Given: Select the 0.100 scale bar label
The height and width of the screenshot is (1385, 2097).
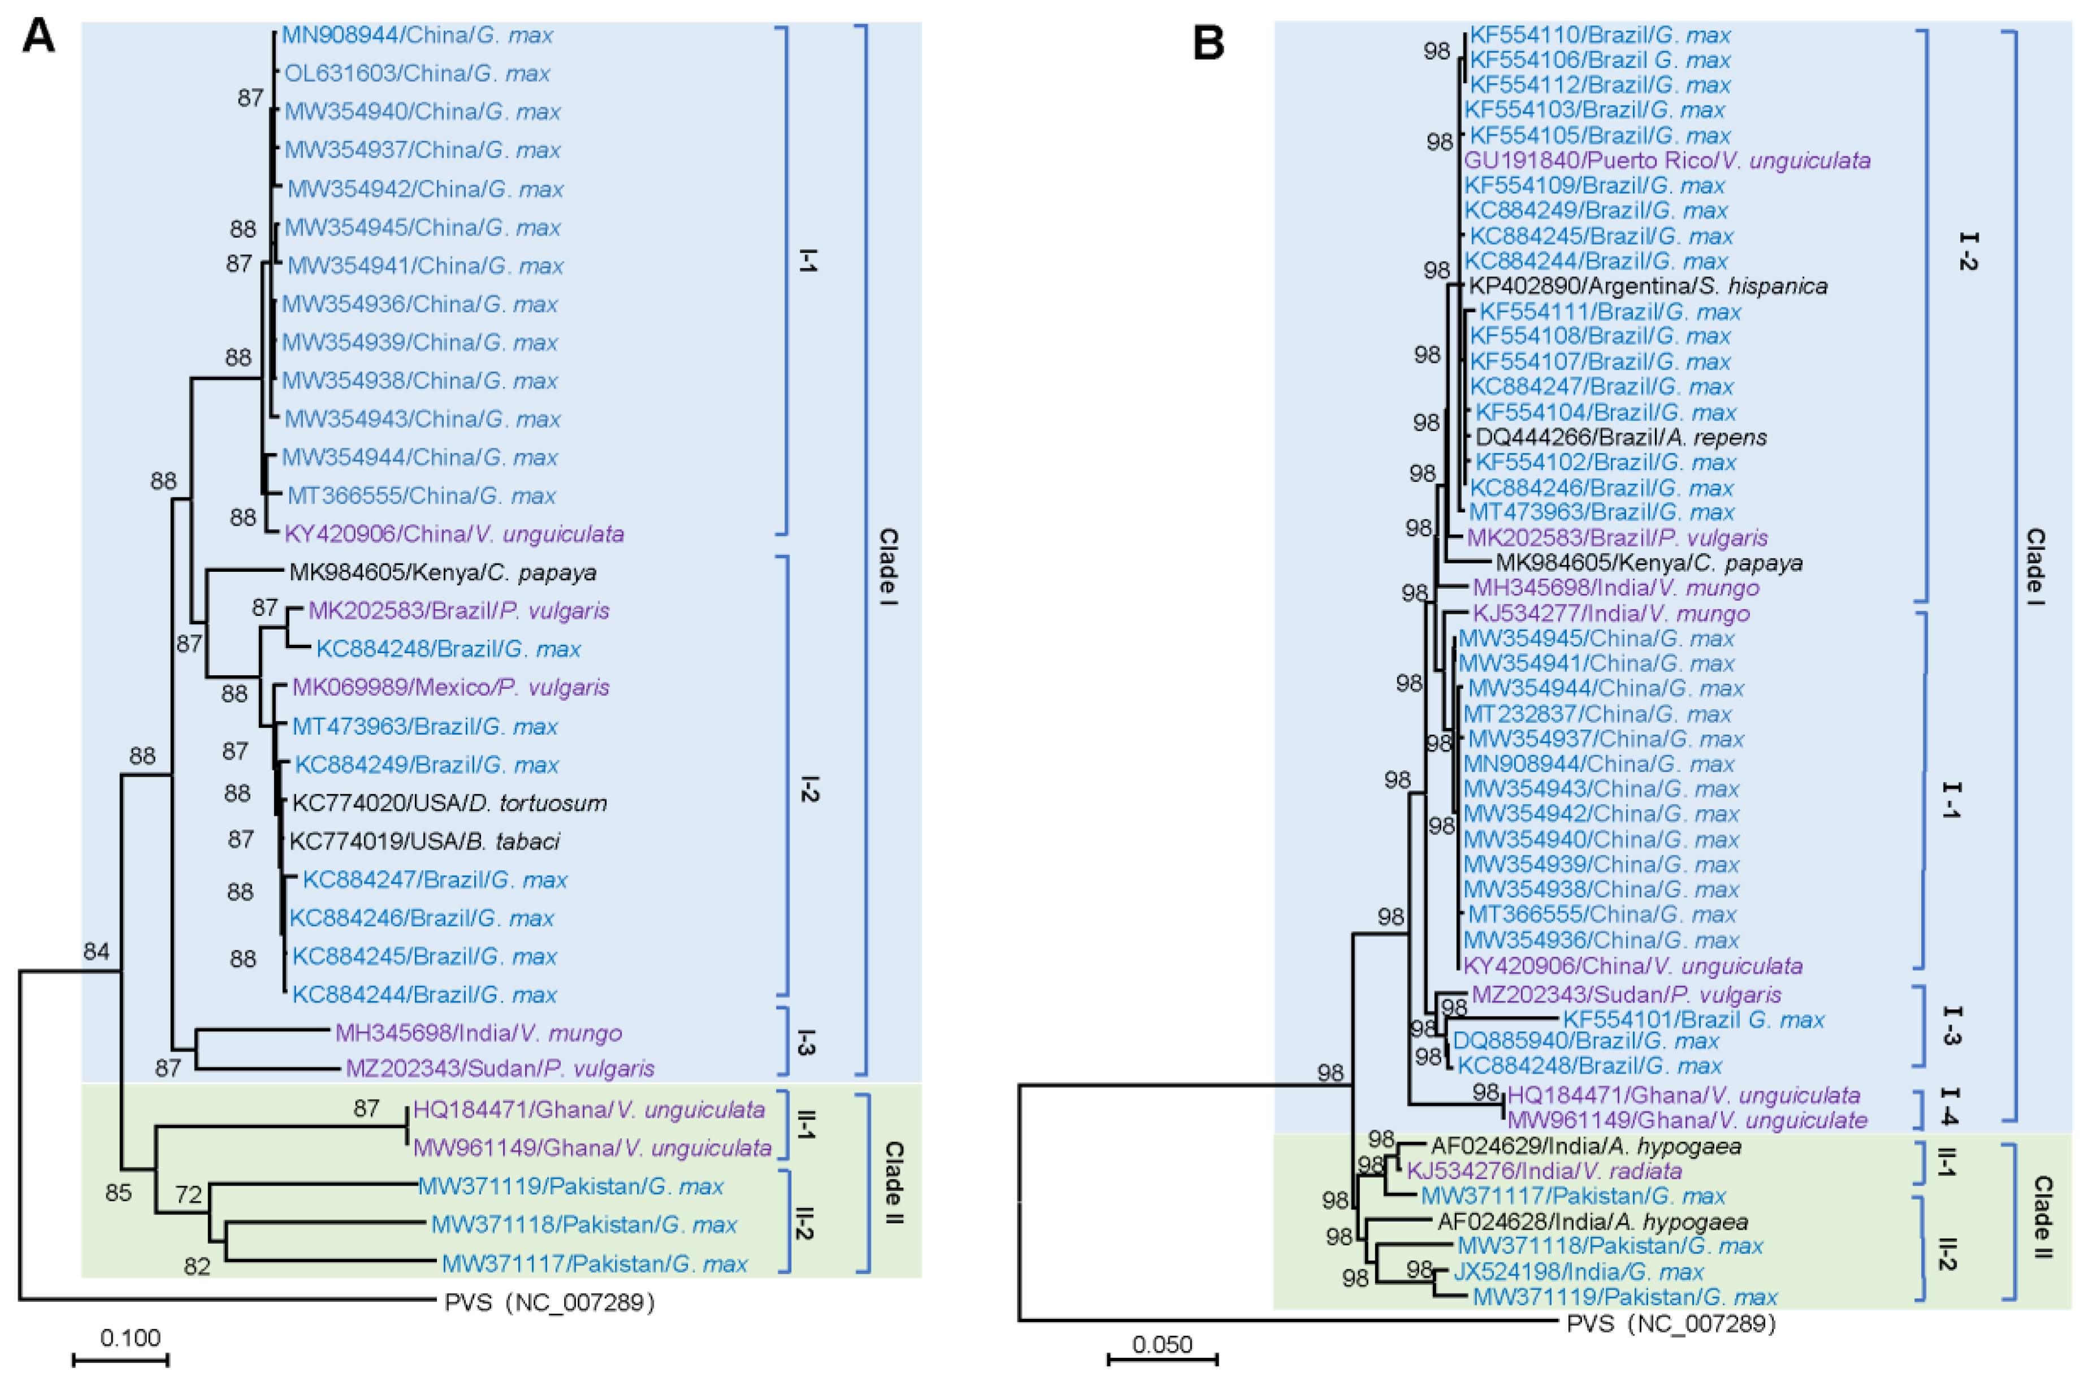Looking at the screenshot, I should [x=130, y=1338].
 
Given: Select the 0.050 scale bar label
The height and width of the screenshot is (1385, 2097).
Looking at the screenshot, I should [x=1163, y=1344].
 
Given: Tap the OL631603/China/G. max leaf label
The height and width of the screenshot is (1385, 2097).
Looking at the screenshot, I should [x=417, y=73].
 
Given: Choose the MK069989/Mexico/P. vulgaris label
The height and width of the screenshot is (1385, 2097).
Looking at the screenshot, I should [x=450, y=687].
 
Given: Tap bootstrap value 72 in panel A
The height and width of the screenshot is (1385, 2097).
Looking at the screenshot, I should [x=188, y=1195].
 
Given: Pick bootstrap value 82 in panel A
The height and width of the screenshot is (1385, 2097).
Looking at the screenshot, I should [x=196, y=1267].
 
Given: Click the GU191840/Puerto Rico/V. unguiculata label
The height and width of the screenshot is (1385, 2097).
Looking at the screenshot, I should [x=1667, y=160].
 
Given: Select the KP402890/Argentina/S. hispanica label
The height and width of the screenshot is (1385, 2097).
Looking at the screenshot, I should [x=1648, y=286].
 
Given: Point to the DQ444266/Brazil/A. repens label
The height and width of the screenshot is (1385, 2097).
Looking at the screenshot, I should [x=1621, y=437].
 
